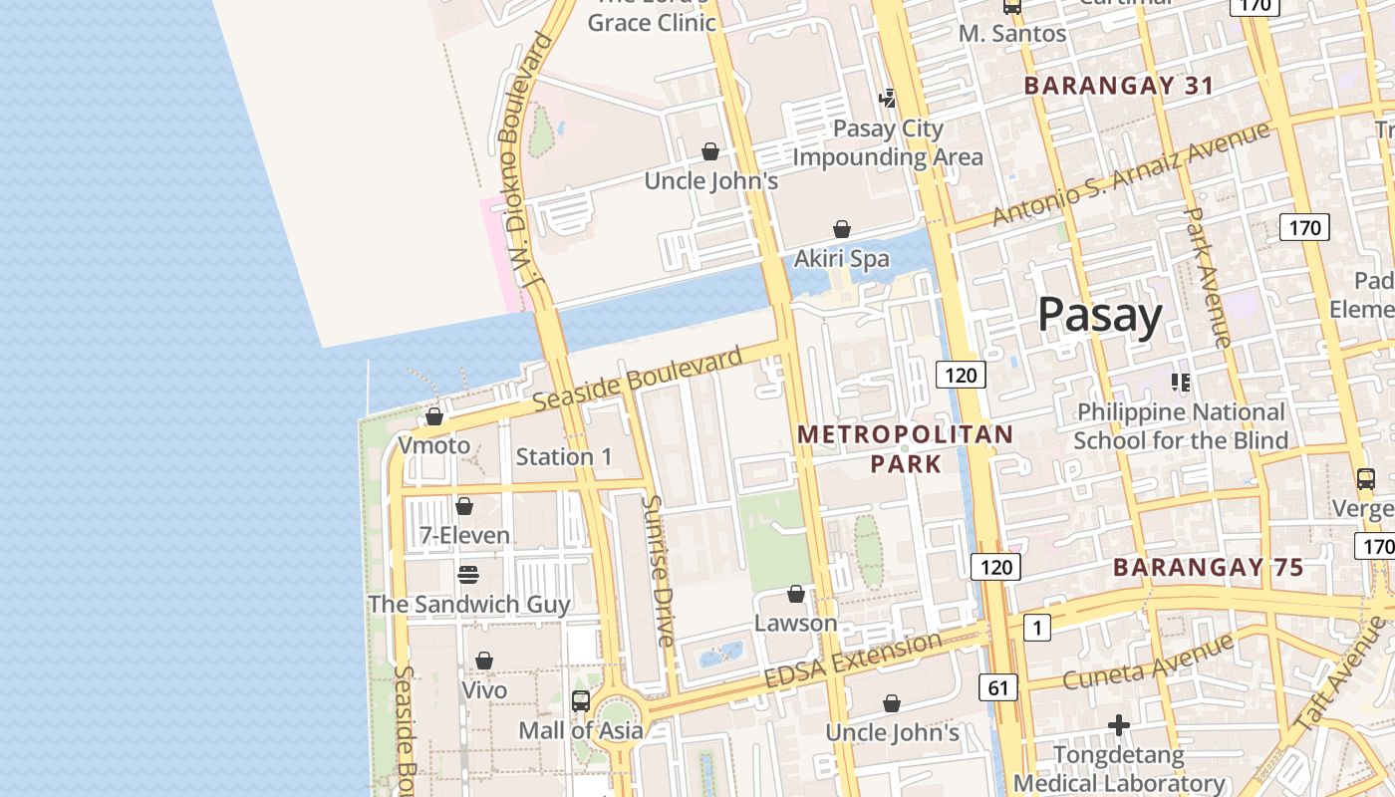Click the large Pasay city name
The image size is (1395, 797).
(x=1099, y=315)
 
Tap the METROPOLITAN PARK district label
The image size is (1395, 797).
(x=905, y=448)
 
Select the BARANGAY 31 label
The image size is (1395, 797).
(x=1118, y=86)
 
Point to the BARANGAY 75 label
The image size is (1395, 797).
(x=1208, y=568)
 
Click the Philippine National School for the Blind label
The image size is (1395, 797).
(x=1181, y=426)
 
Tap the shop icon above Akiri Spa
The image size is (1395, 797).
(x=842, y=230)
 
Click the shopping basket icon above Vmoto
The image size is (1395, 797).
(x=434, y=416)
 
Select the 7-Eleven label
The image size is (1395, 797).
(x=464, y=536)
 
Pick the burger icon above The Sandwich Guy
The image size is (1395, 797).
(x=467, y=575)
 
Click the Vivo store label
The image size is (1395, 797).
(x=484, y=689)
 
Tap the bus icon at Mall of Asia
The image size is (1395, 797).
(x=581, y=701)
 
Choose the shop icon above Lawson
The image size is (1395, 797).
(x=796, y=595)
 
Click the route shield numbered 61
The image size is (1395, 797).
(x=998, y=686)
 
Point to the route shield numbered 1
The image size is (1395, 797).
(x=1037, y=628)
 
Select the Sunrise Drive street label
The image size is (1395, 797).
(x=658, y=571)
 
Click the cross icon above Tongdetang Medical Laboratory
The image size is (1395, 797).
(x=1119, y=725)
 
